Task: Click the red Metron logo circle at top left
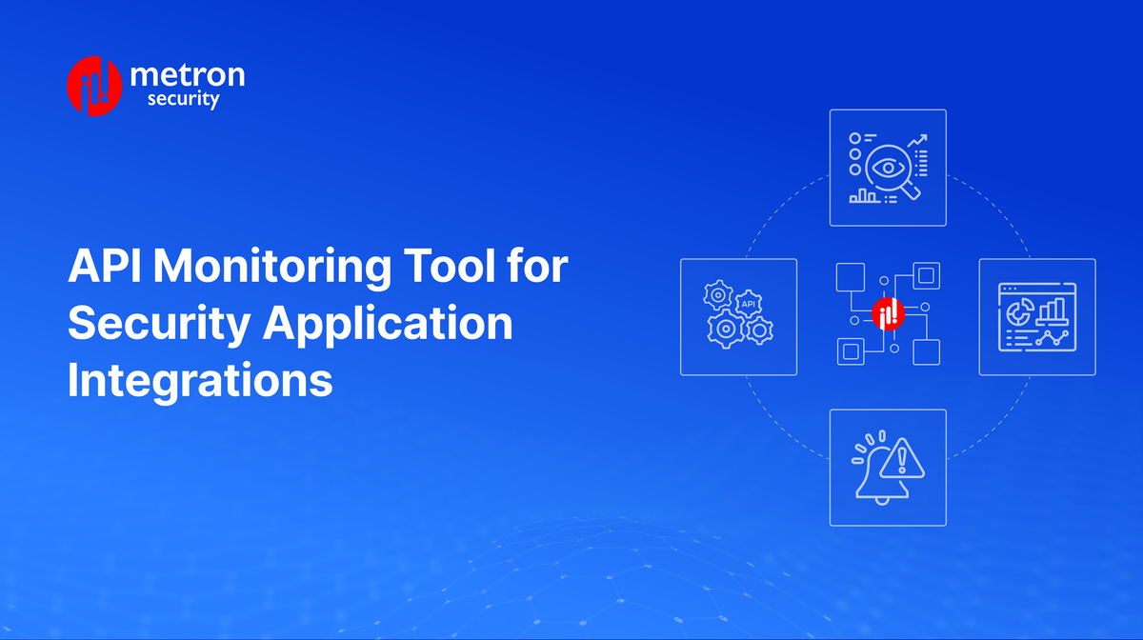point(94,87)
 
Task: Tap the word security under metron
point(183,98)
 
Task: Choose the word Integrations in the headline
point(200,382)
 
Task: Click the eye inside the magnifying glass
point(890,168)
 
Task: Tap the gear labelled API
point(749,302)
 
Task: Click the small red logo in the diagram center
point(887,315)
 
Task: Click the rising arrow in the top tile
point(917,143)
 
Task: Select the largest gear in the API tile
point(726,329)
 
